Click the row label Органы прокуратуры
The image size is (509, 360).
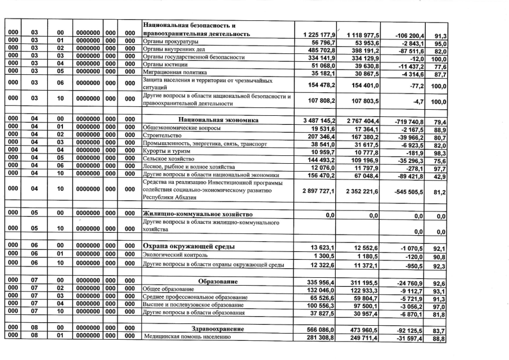coord(168,42)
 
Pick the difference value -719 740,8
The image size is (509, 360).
coord(407,120)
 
